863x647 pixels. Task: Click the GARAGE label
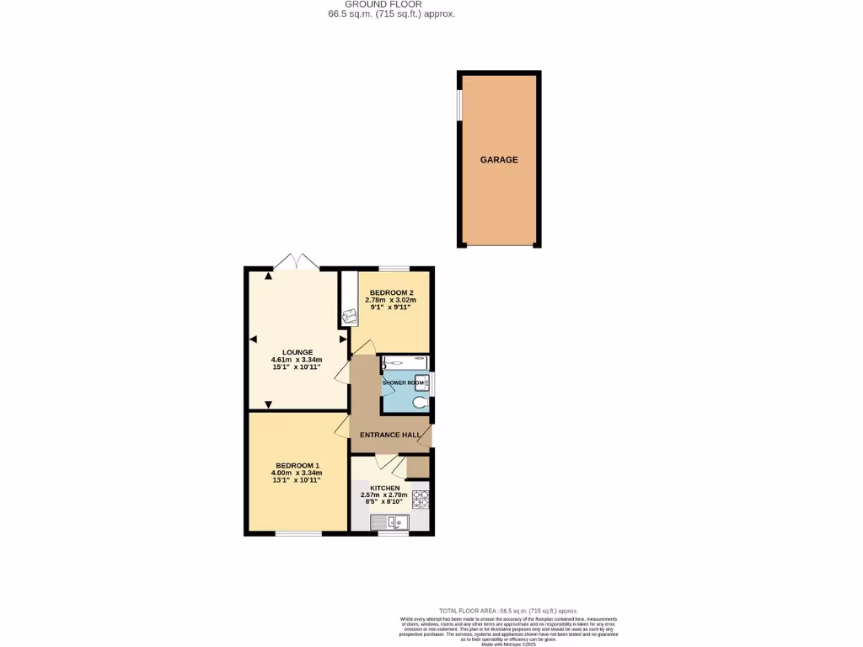pos(499,159)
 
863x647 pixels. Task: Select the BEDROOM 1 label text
pos(297,466)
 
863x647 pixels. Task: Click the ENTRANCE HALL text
pos(389,435)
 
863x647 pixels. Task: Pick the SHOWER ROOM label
pos(404,383)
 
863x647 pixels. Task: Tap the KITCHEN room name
pos(385,488)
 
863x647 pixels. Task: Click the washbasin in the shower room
pos(422,382)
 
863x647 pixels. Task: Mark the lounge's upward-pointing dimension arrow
pos(269,276)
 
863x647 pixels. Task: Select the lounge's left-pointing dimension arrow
pos(253,340)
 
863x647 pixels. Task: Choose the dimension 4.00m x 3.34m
pos(297,473)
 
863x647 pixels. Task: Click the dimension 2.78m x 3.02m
pos(391,300)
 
